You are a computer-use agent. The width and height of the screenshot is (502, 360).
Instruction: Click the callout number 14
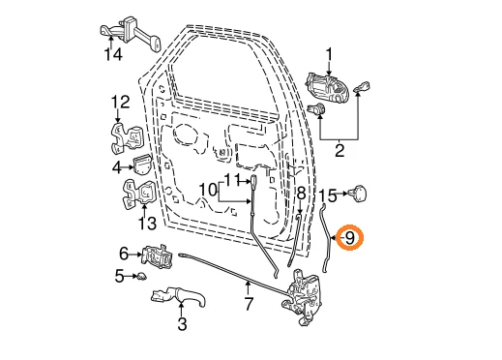tap(115, 55)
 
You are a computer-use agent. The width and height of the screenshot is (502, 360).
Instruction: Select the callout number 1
tap(329, 53)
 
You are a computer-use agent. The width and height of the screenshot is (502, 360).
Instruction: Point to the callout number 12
tap(119, 101)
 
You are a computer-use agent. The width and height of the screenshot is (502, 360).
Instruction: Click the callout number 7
tap(249, 304)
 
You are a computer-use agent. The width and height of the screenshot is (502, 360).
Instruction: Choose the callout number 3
tap(181, 325)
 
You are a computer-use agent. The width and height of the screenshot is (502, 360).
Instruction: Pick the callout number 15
tap(329, 195)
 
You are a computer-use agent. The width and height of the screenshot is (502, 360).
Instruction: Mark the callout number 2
tap(340, 150)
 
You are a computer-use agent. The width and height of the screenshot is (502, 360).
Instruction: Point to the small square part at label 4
tap(141, 166)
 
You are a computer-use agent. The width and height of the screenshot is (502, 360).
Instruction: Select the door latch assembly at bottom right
tap(307, 298)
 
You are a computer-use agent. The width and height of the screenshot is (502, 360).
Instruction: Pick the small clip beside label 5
tap(140, 278)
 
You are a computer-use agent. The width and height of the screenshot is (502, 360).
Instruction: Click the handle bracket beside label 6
tap(159, 257)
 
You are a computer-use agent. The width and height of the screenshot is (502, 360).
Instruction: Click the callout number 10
tap(208, 191)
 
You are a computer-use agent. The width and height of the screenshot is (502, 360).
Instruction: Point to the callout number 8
tap(300, 195)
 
